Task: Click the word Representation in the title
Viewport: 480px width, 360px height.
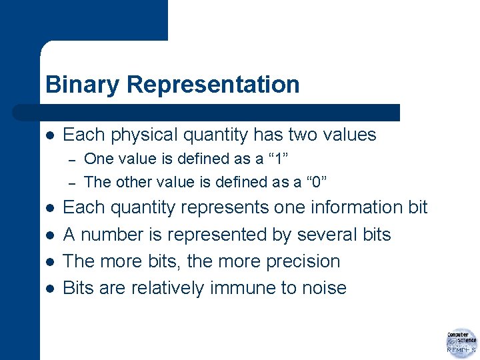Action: tap(213, 85)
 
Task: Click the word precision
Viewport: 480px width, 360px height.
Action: tap(303, 261)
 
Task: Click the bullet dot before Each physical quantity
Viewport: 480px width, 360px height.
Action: tap(48, 135)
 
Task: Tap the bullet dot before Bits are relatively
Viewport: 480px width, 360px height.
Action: tap(48, 289)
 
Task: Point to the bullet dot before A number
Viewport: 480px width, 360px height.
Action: tap(48, 235)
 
